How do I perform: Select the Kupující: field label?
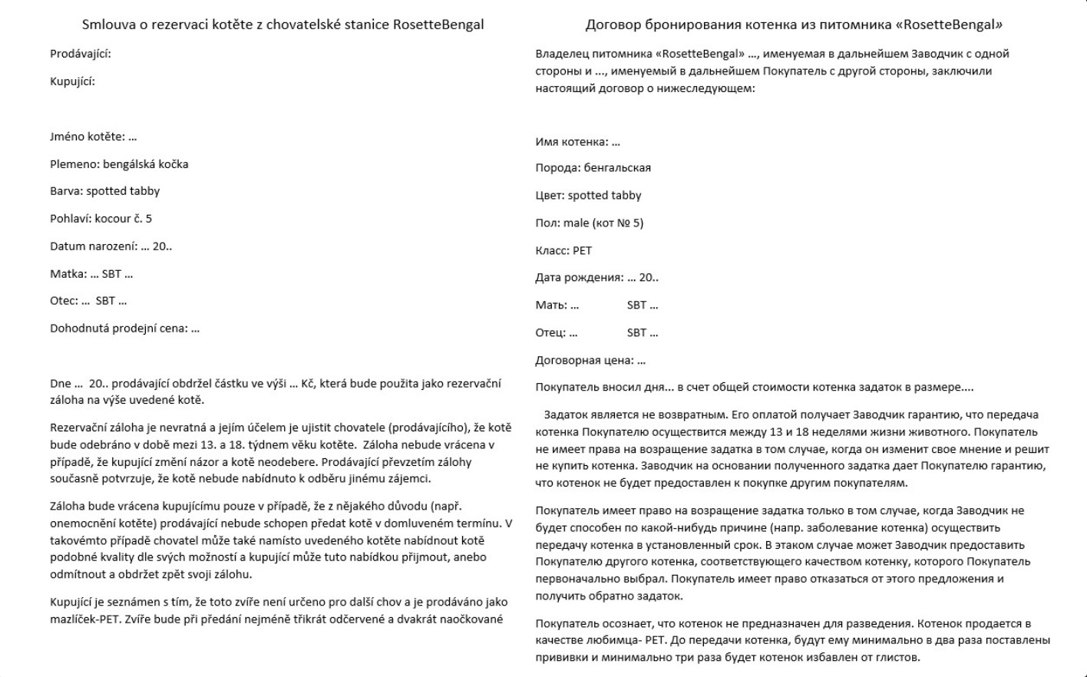[72, 81]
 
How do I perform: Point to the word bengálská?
[127, 164]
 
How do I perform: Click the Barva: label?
[66, 191]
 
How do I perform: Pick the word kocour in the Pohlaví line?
[113, 219]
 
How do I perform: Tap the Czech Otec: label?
[64, 301]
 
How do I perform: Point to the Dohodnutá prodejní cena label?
[118, 329]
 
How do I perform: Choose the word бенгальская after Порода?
[617, 168]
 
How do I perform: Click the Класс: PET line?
[563, 251]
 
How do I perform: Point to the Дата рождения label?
[579, 278]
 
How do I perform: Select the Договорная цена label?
[584, 360]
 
